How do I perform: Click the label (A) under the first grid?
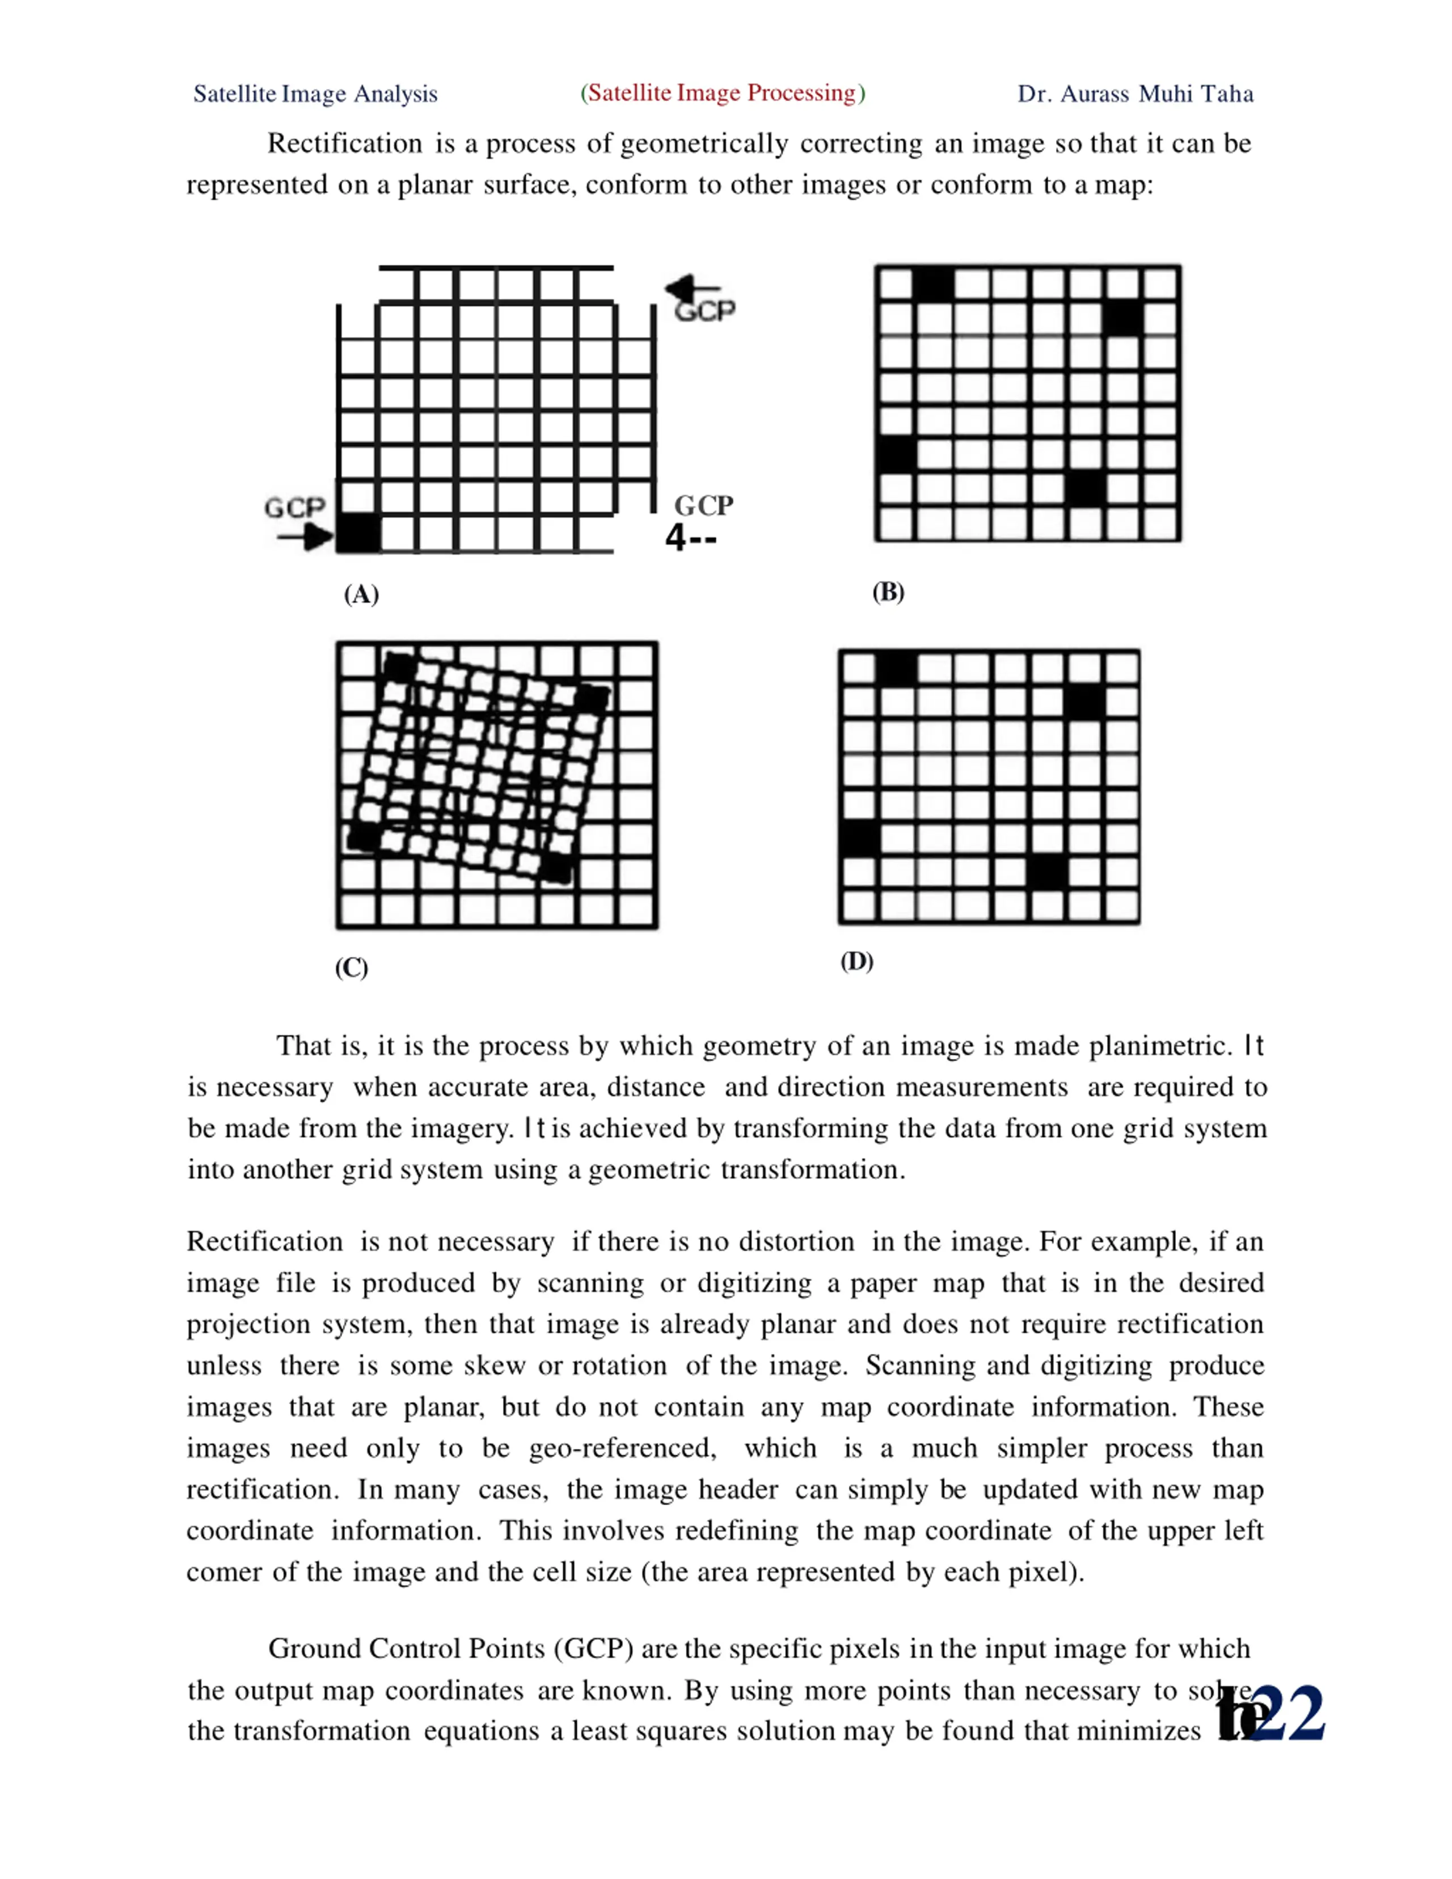(x=361, y=594)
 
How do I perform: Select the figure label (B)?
(x=888, y=592)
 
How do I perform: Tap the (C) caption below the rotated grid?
(x=351, y=968)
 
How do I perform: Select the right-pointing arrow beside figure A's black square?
(x=305, y=539)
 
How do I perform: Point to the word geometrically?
(x=704, y=143)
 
